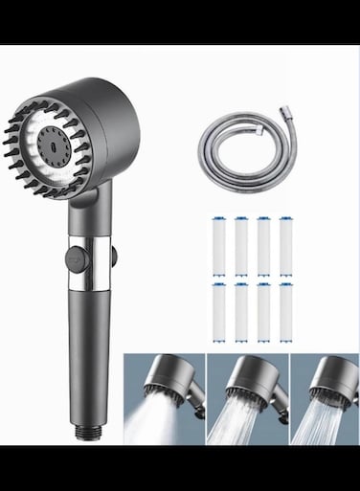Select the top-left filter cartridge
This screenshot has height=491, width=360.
point(217,246)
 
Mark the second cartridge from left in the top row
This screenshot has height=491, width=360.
point(240,246)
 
